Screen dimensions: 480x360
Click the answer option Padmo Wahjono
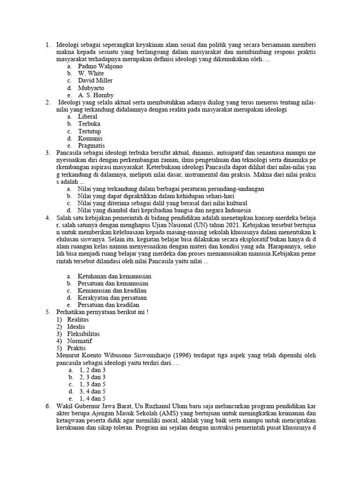[x=100, y=67]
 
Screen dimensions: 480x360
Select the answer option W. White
[x=91, y=74]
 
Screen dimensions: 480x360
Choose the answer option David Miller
[x=95, y=81]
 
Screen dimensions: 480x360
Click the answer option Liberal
[x=88, y=116]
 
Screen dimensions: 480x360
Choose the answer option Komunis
[x=90, y=138]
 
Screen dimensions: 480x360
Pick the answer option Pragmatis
[x=91, y=146]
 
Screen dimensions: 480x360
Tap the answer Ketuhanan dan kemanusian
[x=114, y=276]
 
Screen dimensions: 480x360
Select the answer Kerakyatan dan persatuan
[x=112, y=298]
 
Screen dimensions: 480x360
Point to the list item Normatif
[x=80, y=341]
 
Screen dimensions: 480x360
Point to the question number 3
[x=47, y=153]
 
